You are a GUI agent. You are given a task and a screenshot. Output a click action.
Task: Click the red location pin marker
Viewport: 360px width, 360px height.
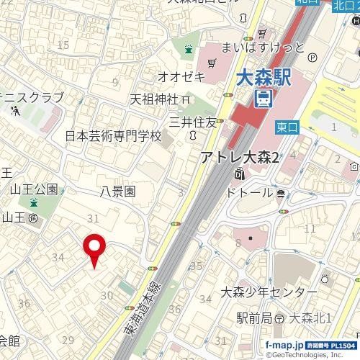coord(95,249)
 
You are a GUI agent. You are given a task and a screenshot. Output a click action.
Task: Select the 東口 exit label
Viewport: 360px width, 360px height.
coord(287,127)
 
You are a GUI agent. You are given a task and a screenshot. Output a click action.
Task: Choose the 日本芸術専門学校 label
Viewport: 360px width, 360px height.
coord(114,135)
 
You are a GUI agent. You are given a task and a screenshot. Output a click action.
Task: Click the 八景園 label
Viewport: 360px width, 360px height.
coord(119,192)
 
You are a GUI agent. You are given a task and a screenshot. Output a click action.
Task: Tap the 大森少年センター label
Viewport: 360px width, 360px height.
coord(269,292)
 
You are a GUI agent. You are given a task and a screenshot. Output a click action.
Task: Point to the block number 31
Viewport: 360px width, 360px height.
coord(92,217)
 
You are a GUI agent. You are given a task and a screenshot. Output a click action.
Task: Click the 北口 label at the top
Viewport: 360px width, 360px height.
coord(343,5)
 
